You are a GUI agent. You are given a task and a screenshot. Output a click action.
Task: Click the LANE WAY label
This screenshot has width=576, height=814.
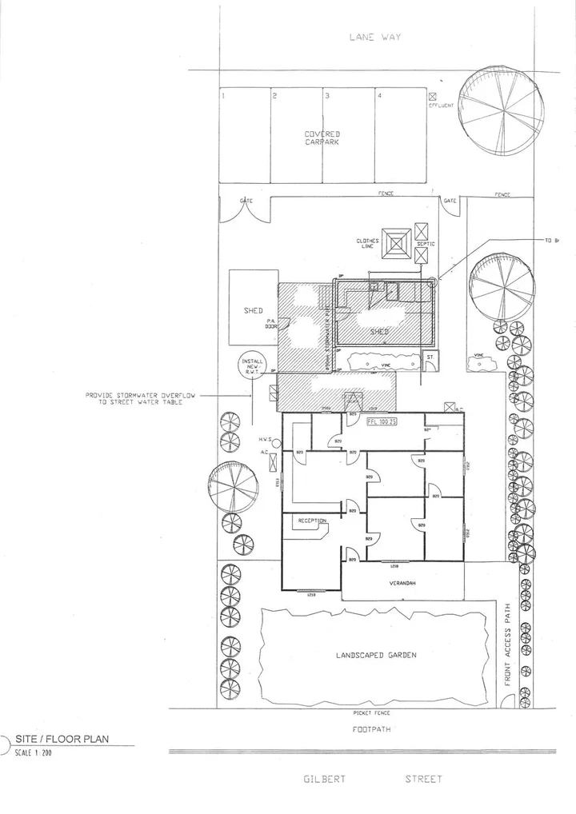(x=374, y=37)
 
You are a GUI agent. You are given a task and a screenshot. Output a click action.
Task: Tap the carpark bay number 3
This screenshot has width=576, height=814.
(x=326, y=96)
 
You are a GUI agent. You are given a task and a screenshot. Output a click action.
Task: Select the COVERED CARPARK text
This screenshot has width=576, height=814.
(x=322, y=138)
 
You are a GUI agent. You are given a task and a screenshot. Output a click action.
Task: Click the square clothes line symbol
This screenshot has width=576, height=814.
(x=396, y=245)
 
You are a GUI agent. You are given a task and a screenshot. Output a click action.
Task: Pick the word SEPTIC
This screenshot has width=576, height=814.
(x=426, y=243)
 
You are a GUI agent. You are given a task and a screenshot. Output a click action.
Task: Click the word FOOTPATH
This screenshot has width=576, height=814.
(x=374, y=729)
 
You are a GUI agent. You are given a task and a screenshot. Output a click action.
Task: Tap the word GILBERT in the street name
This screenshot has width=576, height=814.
(x=325, y=779)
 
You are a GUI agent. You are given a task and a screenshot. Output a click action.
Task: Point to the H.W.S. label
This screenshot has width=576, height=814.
(x=266, y=440)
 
